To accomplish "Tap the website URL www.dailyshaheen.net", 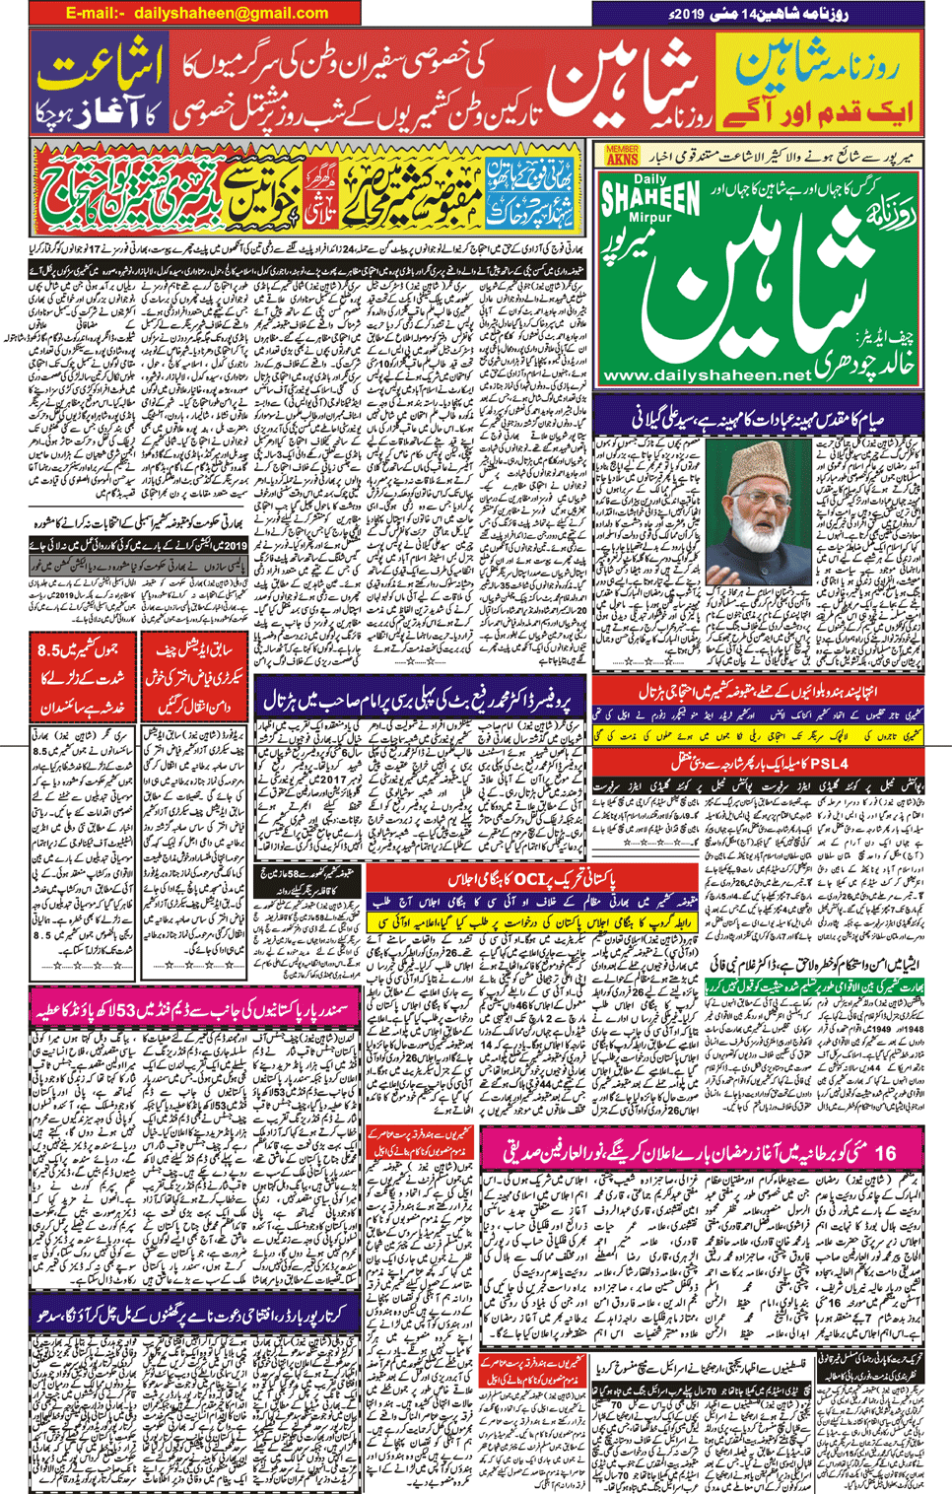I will (x=707, y=375).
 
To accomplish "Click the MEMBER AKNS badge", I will (x=622, y=155).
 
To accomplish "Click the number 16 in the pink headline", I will (x=884, y=1152).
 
